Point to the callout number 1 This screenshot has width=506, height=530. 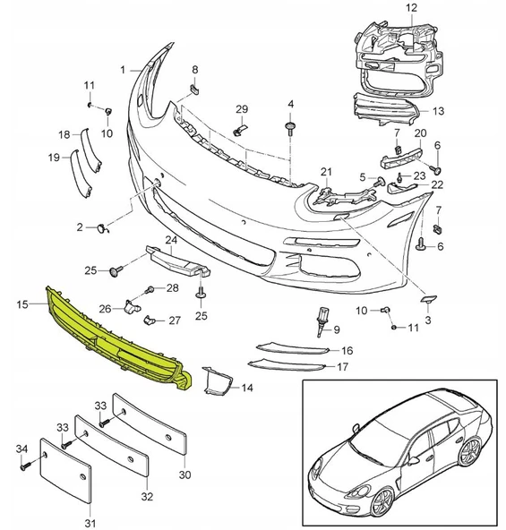[124, 68]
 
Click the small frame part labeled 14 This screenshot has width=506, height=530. [216, 382]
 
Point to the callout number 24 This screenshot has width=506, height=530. [170, 240]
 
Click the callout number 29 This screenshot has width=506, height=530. [241, 109]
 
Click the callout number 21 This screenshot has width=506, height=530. [326, 171]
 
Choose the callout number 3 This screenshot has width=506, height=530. [427, 319]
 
